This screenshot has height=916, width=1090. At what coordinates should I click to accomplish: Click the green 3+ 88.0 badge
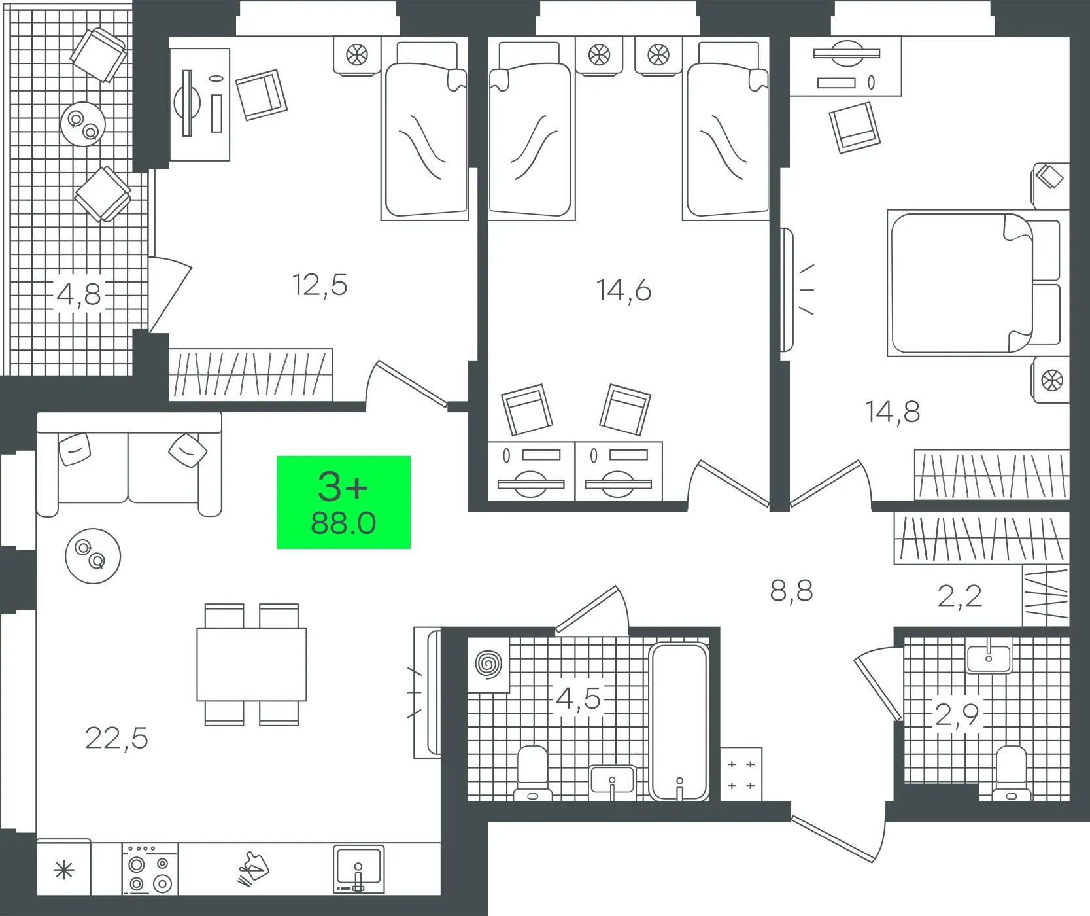(x=343, y=502)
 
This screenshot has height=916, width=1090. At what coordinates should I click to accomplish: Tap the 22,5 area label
(x=116, y=738)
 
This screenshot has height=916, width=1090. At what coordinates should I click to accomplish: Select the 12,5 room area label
(x=320, y=285)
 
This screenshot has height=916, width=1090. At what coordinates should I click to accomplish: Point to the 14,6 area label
(x=624, y=291)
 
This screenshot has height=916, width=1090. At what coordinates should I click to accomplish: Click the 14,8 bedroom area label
(x=893, y=412)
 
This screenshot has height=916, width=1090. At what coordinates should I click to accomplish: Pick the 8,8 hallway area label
(x=791, y=591)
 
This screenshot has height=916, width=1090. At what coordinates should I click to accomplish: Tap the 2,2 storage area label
(x=959, y=596)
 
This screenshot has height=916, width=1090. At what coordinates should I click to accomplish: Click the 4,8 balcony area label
(x=79, y=294)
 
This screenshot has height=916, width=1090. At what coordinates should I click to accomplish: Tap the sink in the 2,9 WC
(x=989, y=658)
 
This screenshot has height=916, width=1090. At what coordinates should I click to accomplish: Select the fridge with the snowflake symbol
(x=63, y=870)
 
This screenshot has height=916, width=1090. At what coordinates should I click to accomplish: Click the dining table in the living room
(x=252, y=664)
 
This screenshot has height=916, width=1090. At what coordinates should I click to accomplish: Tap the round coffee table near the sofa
(x=93, y=556)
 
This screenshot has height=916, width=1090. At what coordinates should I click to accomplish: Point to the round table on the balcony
(x=83, y=124)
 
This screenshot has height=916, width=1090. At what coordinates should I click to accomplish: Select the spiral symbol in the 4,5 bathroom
(x=488, y=665)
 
